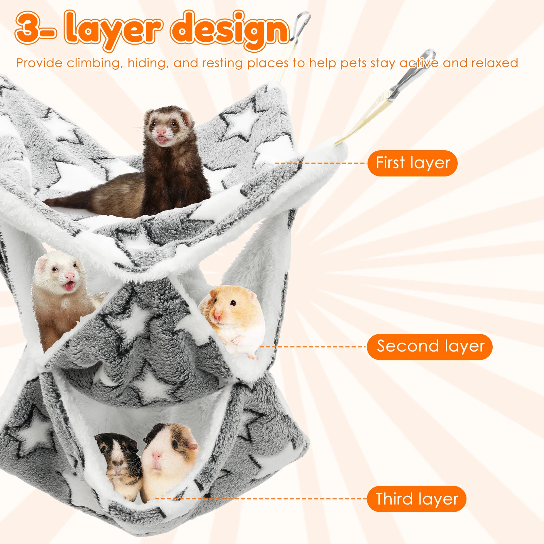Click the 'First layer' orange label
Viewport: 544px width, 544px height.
pos(412,163)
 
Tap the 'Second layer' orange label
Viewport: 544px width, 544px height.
pos(430,346)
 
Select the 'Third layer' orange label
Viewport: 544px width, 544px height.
pos(417,499)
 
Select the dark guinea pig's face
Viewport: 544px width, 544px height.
pos(117,452)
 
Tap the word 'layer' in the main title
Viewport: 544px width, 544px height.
pos(112,31)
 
